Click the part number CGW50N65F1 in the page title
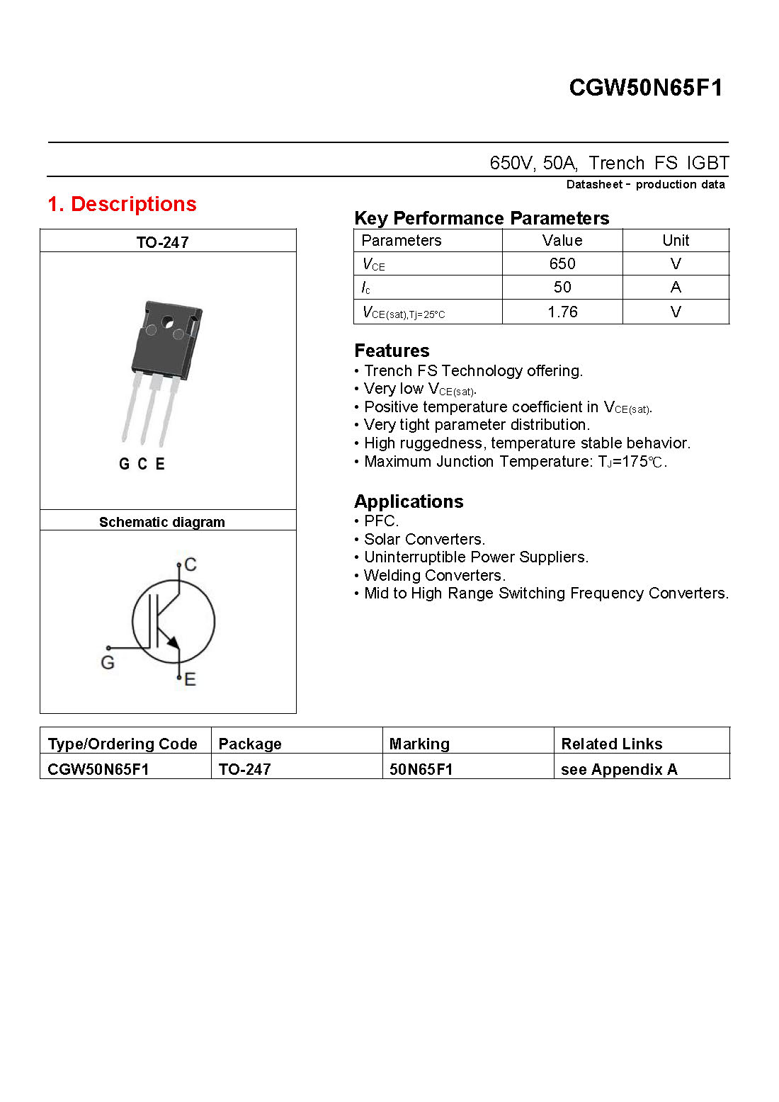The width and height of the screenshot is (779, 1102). [x=645, y=88]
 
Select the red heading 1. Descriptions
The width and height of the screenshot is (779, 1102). [x=122, y=204]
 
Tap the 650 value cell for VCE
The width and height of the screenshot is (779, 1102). [x=562, y=263]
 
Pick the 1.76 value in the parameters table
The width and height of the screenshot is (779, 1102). [x=562, y=312]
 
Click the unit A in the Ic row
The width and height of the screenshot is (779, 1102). [x=676, y=287]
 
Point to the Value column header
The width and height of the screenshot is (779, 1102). [x=562, y=240]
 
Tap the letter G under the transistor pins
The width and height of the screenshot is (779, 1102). [x=124, y=464]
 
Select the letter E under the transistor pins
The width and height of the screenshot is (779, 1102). [x=160, y=464]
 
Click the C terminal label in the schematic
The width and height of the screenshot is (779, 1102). [x=190, y=564]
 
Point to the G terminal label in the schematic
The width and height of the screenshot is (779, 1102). [x=108, y=662]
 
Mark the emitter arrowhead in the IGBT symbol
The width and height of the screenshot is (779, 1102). [x=173, y=642]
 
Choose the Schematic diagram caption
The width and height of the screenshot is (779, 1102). [x=161, y=522]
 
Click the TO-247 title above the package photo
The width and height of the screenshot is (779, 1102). [x=162, y=242]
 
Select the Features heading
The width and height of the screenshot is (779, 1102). [x=392, y=351]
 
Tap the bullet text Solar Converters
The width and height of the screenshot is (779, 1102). [x=424, y=539]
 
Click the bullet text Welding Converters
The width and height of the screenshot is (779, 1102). [x=434, y=575]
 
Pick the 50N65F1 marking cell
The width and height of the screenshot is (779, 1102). [x=421, y=769]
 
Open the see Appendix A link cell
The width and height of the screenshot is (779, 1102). [x=619, y=769]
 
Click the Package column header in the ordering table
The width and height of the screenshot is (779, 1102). [x=250, y=744]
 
